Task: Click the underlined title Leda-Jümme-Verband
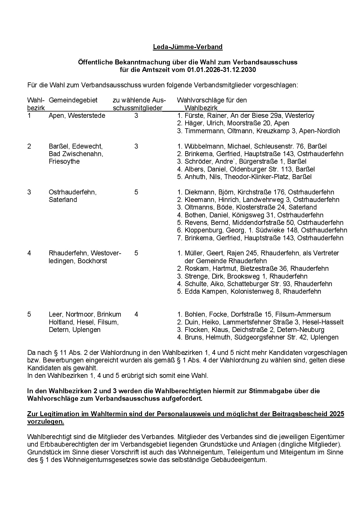click(x=188, y=47)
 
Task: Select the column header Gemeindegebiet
click(x=73, y=100)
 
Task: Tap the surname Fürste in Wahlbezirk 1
click(x=194, y=115)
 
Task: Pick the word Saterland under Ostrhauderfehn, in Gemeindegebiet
click(x=63, y=200)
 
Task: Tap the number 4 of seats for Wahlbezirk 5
click(x=136, y=314)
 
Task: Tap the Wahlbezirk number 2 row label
click(x=29, y=146)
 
